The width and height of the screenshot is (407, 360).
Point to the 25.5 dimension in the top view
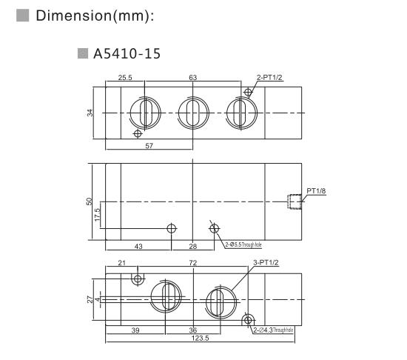click(125, 77)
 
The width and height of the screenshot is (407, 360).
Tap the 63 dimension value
click(192, 77)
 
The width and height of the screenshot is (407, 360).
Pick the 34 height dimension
click(90, 113)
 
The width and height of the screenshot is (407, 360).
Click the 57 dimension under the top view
click(149, 146)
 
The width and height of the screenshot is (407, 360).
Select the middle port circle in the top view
click(192, 113)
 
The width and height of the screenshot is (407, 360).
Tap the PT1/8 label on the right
click(316, 191)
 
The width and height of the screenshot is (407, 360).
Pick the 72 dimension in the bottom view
click(192, 264)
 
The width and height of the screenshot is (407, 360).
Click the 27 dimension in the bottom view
click(90, 299)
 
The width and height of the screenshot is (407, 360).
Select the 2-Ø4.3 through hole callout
click(273, 330)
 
